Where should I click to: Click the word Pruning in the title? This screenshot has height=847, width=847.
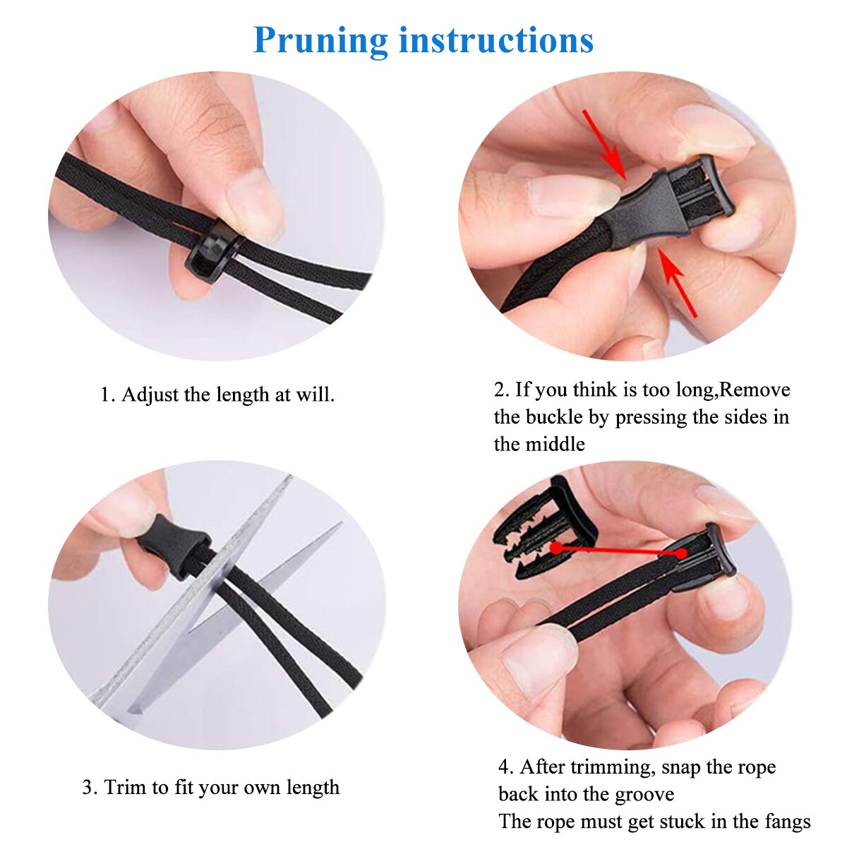(x=321, y=41)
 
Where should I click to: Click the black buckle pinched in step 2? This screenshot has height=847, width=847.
(x=671, y=205)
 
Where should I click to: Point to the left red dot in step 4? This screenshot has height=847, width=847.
(x=556, y=547)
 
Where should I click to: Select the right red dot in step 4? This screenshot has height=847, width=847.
(x=681, y=553)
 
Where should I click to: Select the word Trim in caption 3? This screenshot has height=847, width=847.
(x=125, y=787)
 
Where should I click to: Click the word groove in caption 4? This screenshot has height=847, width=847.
(x=644, y=795)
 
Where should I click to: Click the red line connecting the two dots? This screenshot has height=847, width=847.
(x=618, y=551)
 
